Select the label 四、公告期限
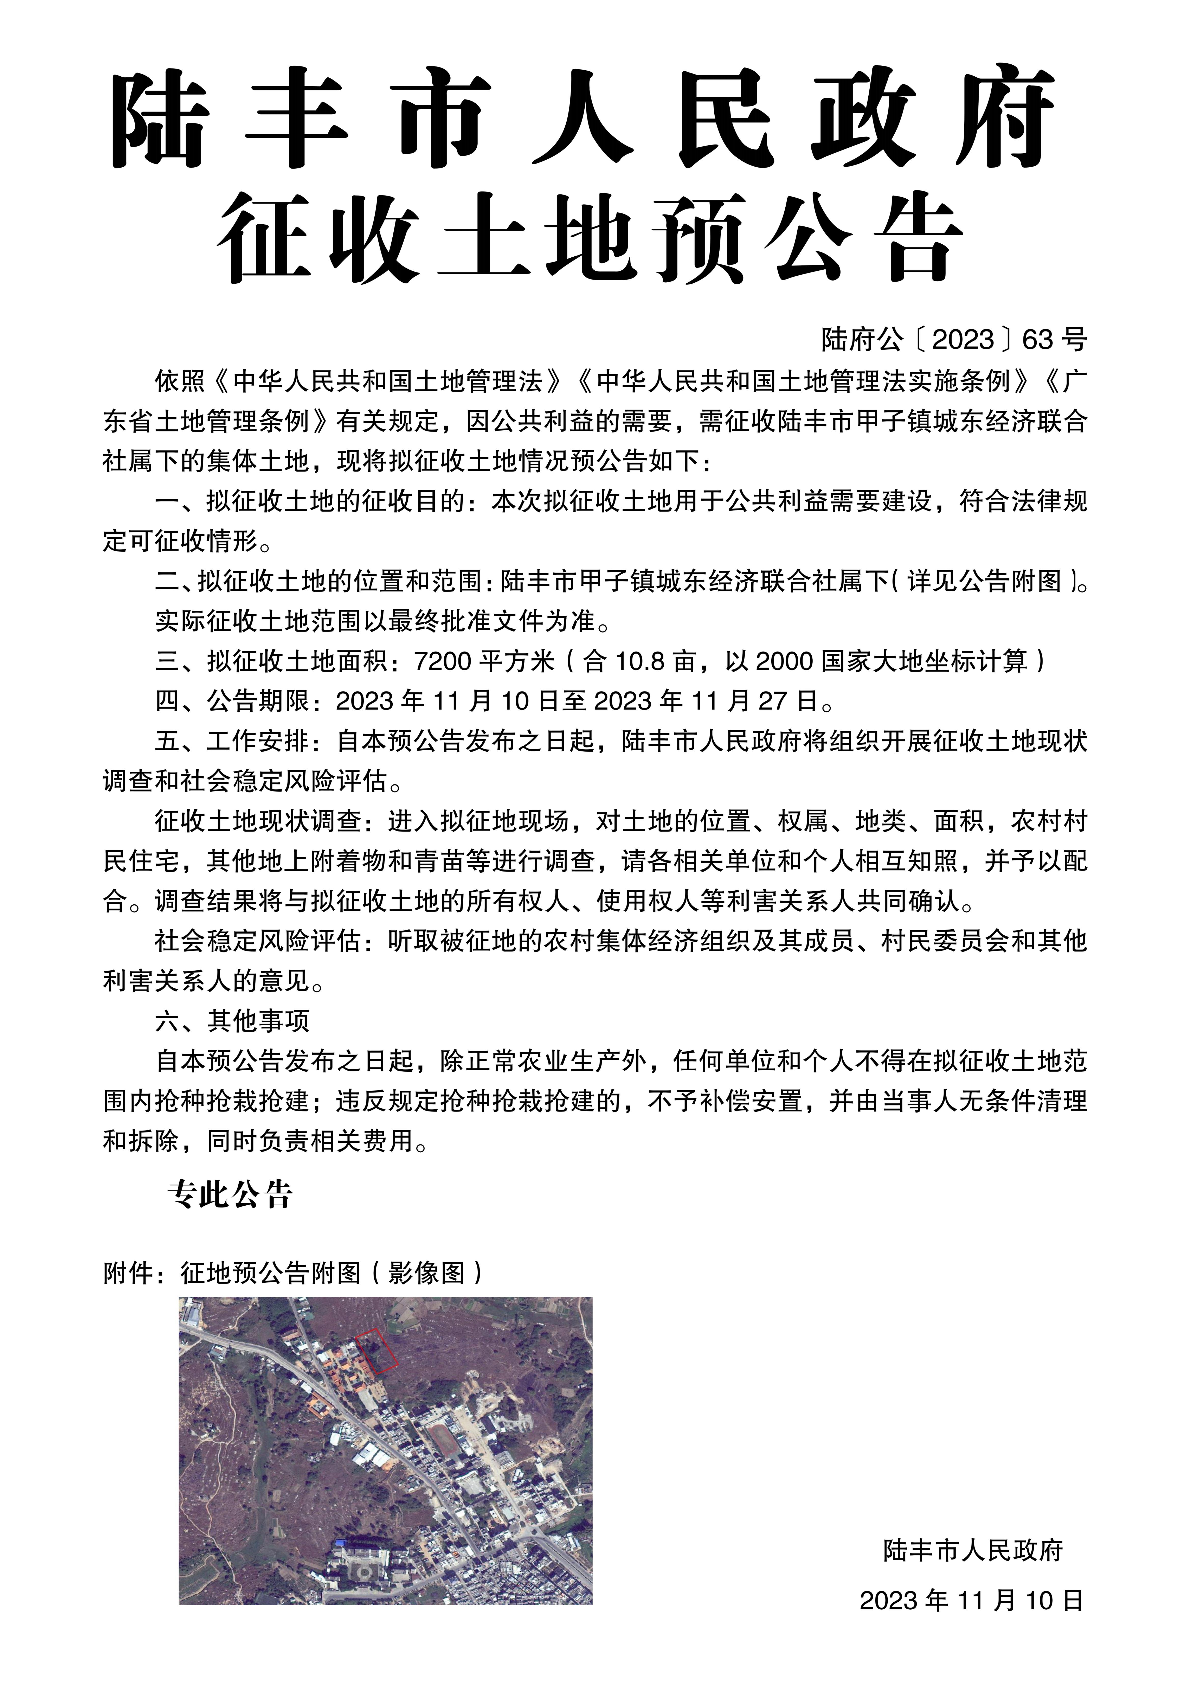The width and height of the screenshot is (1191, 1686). (x=232, y=701)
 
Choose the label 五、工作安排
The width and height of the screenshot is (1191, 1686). (x=232, y=741)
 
